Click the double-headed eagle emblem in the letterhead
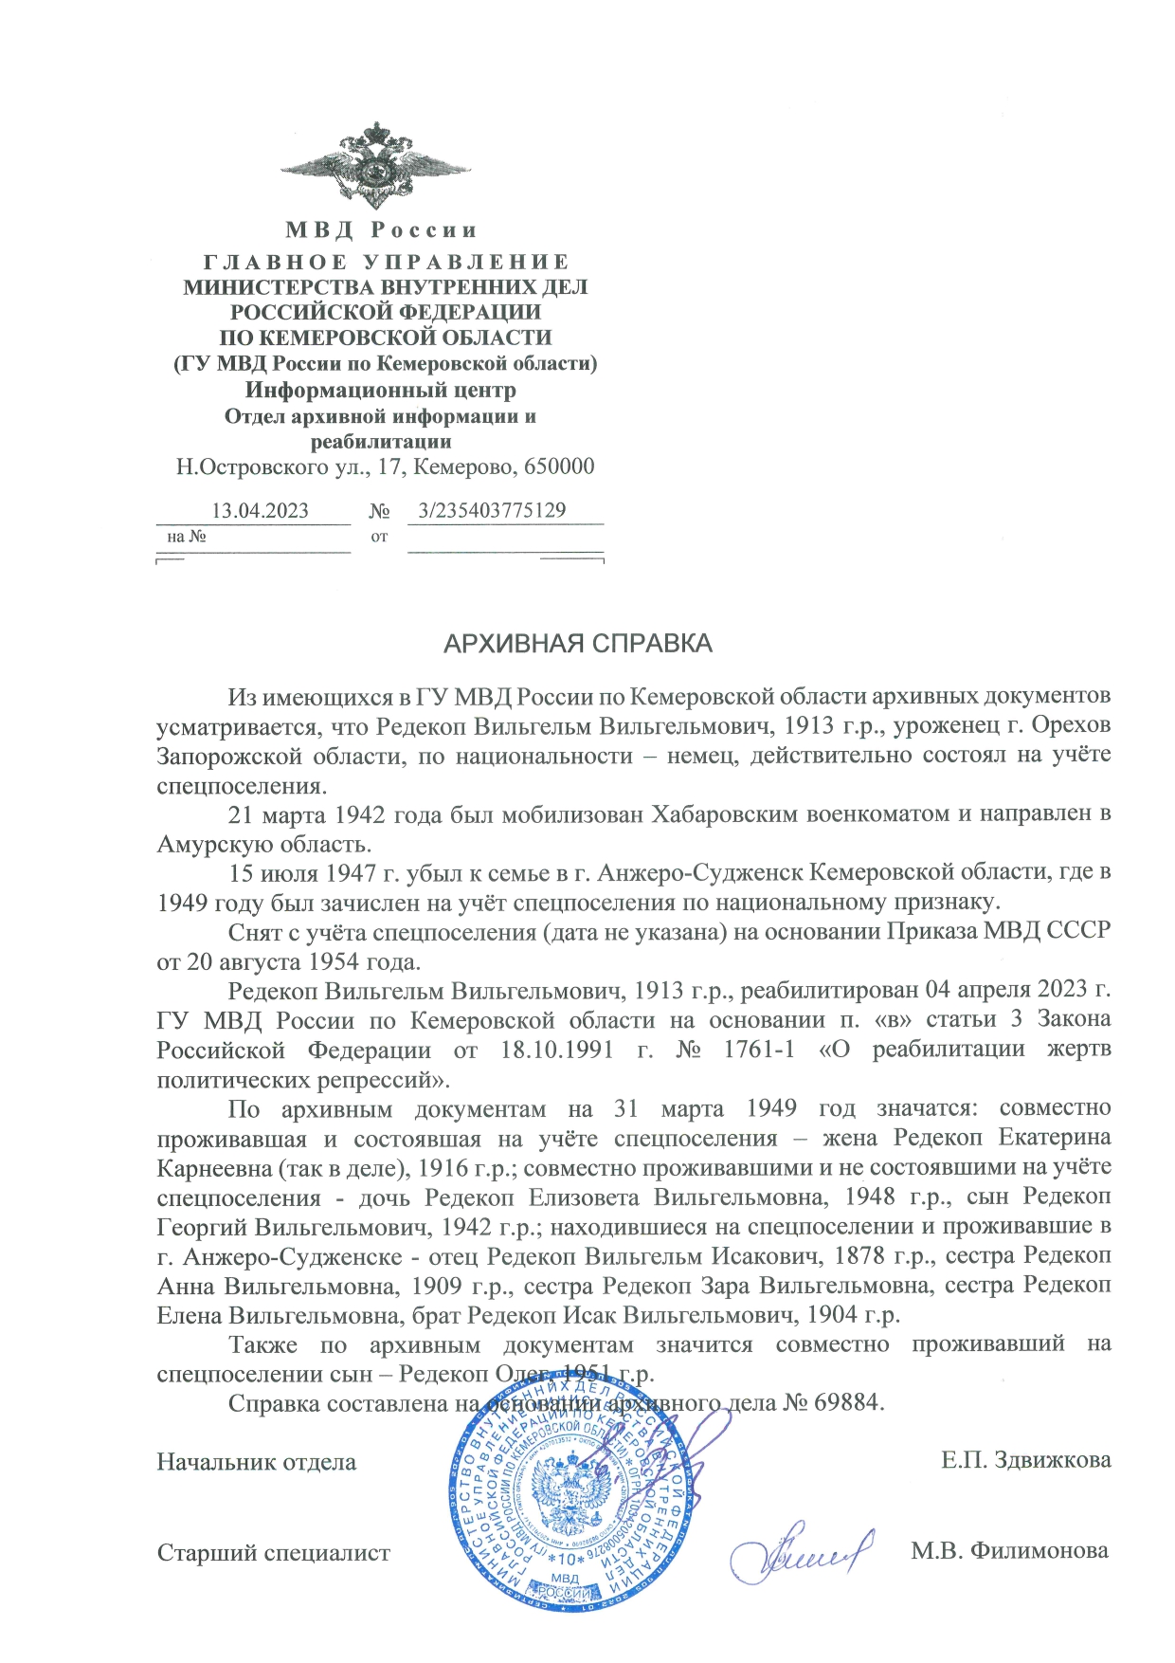(x=376, y=168)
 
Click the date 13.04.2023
(x=260, y=511)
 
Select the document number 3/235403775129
(x=492, y=510)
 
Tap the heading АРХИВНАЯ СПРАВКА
(x=578, y=645)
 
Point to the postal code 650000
(x=562, y=466)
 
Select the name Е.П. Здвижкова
(x=1025, y=1460)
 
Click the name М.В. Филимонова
(x=1009, y=1551)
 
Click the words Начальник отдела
(x=256, y=1462)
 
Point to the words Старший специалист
(x=273, y=1553)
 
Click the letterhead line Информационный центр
(x=381, y=390)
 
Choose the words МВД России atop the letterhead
(x=381, y=230)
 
